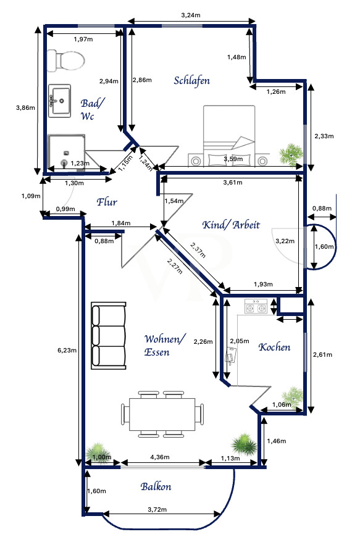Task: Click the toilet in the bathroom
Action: [x=65, y=60]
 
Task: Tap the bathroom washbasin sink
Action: [x=61, y=99]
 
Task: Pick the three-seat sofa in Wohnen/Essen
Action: [x=109, y=334]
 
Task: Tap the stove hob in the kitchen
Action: [x=256, y=306]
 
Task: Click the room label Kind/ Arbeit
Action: [x=231, y=225]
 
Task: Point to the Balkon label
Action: [x=155, y=486]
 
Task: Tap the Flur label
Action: [x=106, y=201]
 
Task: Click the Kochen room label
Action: [x=274, y=347]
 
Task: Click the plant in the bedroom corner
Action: [x=290, y=154]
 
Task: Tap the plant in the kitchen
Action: [x=293, y=395]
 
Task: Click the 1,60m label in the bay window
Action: [x=324, y=246]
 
